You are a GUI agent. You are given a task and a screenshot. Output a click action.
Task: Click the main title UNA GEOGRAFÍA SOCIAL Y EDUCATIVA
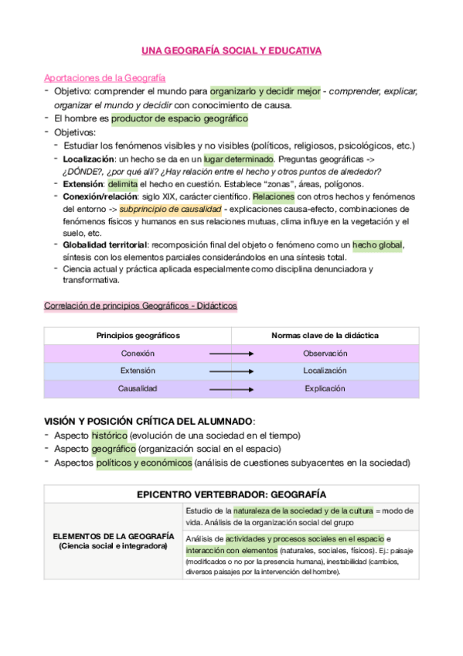coord(231,51)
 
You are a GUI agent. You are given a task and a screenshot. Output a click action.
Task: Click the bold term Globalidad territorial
coord(107,244)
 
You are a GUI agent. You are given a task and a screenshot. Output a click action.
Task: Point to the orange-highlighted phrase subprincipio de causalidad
coord(170,210)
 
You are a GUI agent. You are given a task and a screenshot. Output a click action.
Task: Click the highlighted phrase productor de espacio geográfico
coord(179,118)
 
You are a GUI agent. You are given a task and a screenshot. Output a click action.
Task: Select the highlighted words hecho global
coord(377,244)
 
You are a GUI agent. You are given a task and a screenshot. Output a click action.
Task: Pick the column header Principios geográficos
coord(138,335)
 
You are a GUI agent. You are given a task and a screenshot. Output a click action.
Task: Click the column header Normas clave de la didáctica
coord(325,335)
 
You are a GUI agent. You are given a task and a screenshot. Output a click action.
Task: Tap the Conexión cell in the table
coord(138,353)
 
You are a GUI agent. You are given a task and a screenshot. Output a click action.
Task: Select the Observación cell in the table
coord(325,353)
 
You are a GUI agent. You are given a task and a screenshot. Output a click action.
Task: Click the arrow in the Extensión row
coord(232,371)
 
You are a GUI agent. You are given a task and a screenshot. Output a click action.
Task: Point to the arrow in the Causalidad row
coord(232,388)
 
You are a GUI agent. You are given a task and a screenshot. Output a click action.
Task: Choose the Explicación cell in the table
coord(325,388)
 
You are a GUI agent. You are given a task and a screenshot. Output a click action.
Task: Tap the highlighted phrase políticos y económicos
coord(144,463)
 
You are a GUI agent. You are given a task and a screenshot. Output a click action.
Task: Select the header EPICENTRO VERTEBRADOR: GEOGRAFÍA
coord(231,494)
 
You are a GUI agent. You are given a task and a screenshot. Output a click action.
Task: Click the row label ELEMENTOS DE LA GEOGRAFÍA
coord(113,536)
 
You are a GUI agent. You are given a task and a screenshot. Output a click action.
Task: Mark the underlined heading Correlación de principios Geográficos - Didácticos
coord(141,306)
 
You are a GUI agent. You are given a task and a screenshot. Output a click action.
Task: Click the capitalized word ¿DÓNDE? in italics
coord(80,171)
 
